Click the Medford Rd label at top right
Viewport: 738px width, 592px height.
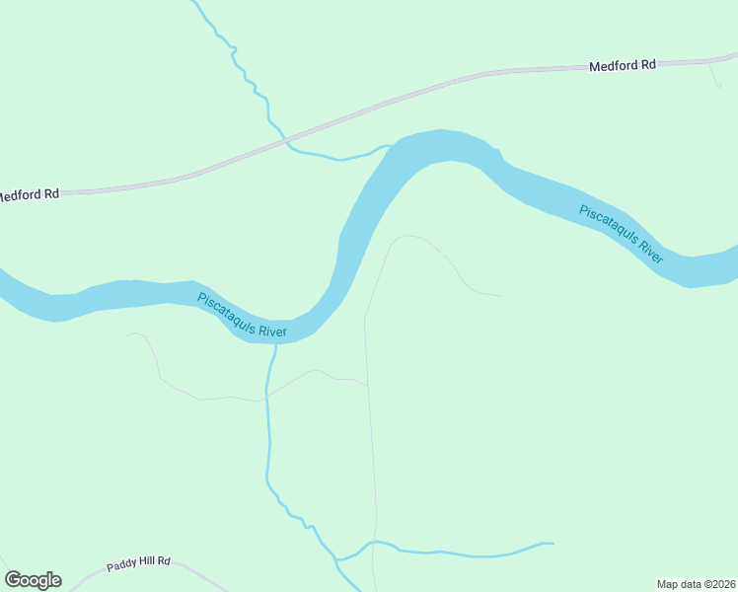coord(623,66)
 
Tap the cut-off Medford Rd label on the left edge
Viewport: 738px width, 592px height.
coord(29,194)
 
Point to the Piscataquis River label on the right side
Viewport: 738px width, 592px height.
coord(621,233)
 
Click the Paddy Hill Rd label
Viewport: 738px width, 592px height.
coord(139,562)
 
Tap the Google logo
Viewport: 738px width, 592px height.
coord(33,580)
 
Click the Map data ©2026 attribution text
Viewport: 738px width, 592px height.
coord(696,583)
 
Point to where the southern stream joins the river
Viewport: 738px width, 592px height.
coord(275,344)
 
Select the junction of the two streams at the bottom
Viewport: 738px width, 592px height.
coord(338,559)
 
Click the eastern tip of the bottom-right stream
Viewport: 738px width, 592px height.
coord(553,543)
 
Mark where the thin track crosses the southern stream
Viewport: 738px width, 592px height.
coord(266,398)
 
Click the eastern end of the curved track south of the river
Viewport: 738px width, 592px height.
coord(501,295)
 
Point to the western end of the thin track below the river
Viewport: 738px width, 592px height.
coord(127,334)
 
